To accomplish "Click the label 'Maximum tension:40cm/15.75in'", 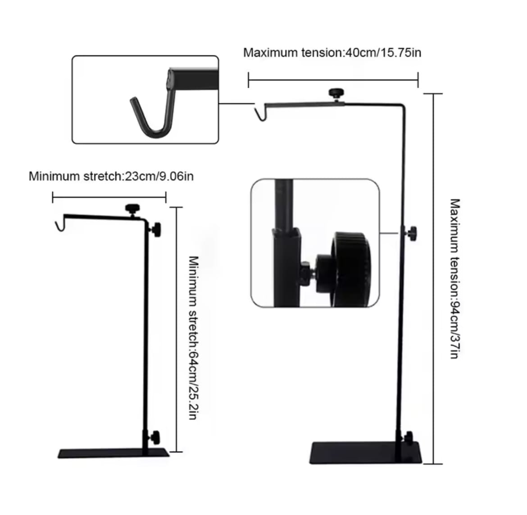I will (332, 53).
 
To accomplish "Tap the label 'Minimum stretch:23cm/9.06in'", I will (111, 176).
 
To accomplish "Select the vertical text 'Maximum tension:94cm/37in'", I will (454, 279).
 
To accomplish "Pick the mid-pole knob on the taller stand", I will (412, 233).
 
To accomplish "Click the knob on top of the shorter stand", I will (132, 208).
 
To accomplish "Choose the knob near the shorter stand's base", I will (154, 436).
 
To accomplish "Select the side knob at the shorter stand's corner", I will (156, 229).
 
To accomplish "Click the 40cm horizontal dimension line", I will (333, 80).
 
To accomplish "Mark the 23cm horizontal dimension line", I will (109, 196).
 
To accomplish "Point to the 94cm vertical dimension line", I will (433, 279).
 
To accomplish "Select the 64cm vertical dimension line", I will (176, 329).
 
